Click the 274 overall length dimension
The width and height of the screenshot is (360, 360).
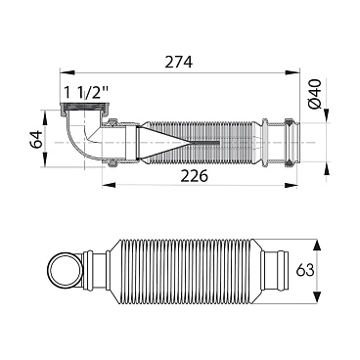click(x=176, y=61)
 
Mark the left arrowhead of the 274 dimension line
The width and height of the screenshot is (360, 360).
click(x=65, y=72)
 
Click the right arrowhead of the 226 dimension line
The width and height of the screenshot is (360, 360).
click(x=295, y=187)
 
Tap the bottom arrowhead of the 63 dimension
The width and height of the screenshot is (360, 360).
click(x=316, y=292)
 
